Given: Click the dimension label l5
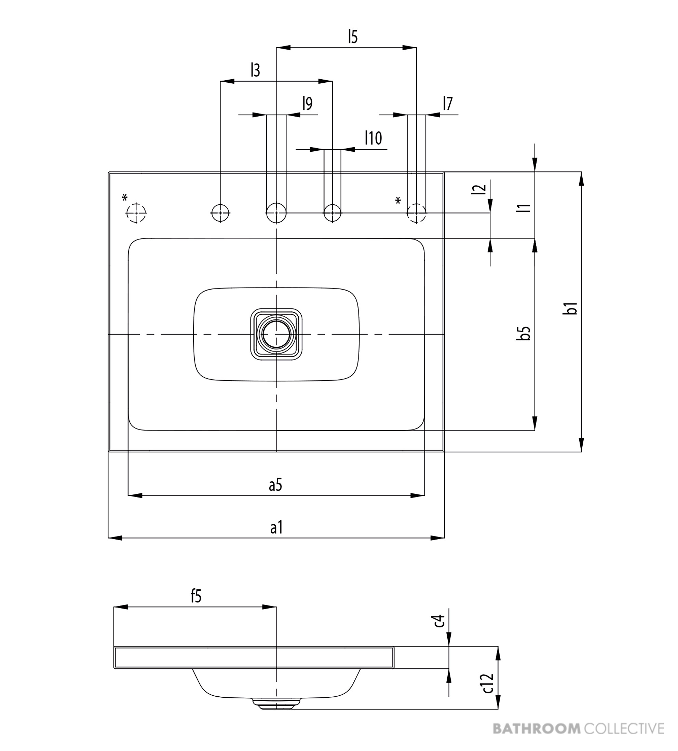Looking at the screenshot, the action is pos(353,37).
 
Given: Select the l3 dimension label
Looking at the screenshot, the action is pos(255,70).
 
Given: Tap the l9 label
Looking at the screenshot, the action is pos(307,103).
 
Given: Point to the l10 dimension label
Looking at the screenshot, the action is pos(373,138).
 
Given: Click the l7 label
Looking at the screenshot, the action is pos(448,103).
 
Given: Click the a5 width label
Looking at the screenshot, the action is pos(276,486).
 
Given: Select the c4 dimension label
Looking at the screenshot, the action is pos(439,622).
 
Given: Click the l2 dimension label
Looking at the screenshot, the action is pos(481,189).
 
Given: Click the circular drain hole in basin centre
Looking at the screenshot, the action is pos(276,334).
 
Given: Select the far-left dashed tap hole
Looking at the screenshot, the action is pos(136,213).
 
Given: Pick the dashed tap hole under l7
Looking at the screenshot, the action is pos(417,213).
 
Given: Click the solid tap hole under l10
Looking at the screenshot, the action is pos(332,213).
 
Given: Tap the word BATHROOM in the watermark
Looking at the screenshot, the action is pos(537,728).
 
